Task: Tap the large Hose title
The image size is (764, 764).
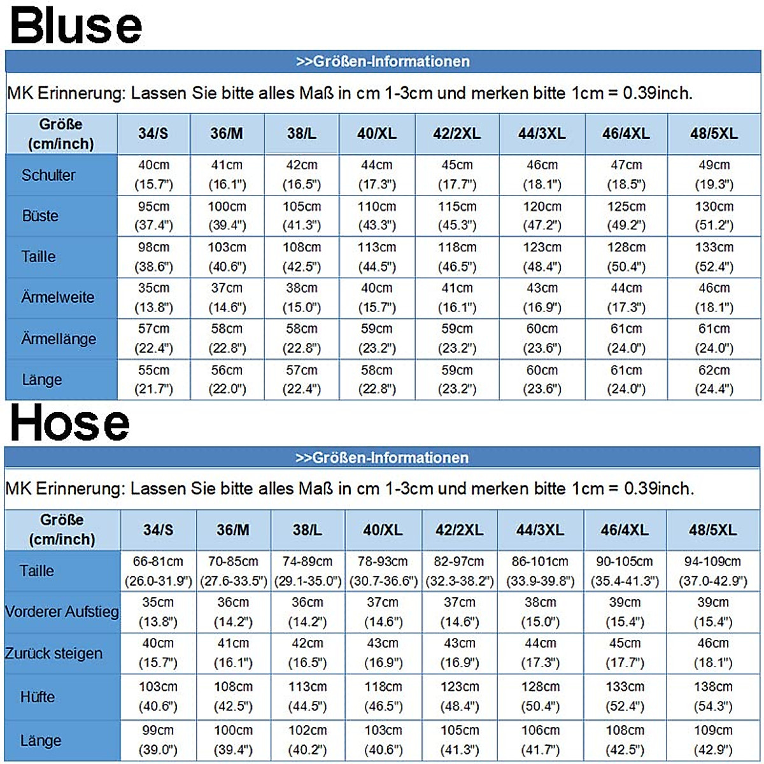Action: pyautogui.click(x=70, y=423)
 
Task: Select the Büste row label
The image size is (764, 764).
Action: pyautogui.click(x=40, y=216)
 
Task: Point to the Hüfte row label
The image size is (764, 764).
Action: pyautogui.click(x=38, y=697)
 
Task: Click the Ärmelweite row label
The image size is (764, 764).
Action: pyautogui.click(x=57, y=297)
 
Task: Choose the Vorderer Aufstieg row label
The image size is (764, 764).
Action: pyautogui.click(x=62, y=612)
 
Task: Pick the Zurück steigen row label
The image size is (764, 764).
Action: pyautogui.click(x=53, y=653)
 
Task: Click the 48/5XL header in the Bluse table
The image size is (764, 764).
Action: pyautogui.click(x=714, y=134)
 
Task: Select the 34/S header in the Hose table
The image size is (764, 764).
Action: pyautogui.click(x=158, y=530)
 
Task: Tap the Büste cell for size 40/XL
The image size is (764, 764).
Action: pyautogui.click(x=377, y=216)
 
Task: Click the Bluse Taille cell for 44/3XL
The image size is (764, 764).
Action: pyautogui.click(x=542, y=257)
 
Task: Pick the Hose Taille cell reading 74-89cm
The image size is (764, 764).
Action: pyautogui.click(x=308, y=571)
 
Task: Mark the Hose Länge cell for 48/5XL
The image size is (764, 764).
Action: pyautogui.click(x=713, y=740)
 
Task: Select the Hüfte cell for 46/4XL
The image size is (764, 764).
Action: pyautogui.click(x=625, y=697)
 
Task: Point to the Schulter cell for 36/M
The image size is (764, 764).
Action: pyautogui.click(x=227, y=174)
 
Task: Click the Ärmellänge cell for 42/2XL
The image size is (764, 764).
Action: pyautogui.click(x=457, y=339)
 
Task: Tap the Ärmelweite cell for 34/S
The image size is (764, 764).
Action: pyautogui.click(x=153, y=297)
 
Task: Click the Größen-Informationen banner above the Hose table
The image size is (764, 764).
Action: pyautogui.click(x=382, y=458)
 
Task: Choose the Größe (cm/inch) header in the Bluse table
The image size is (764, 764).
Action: pyautogui.click(x=61, y=134)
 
